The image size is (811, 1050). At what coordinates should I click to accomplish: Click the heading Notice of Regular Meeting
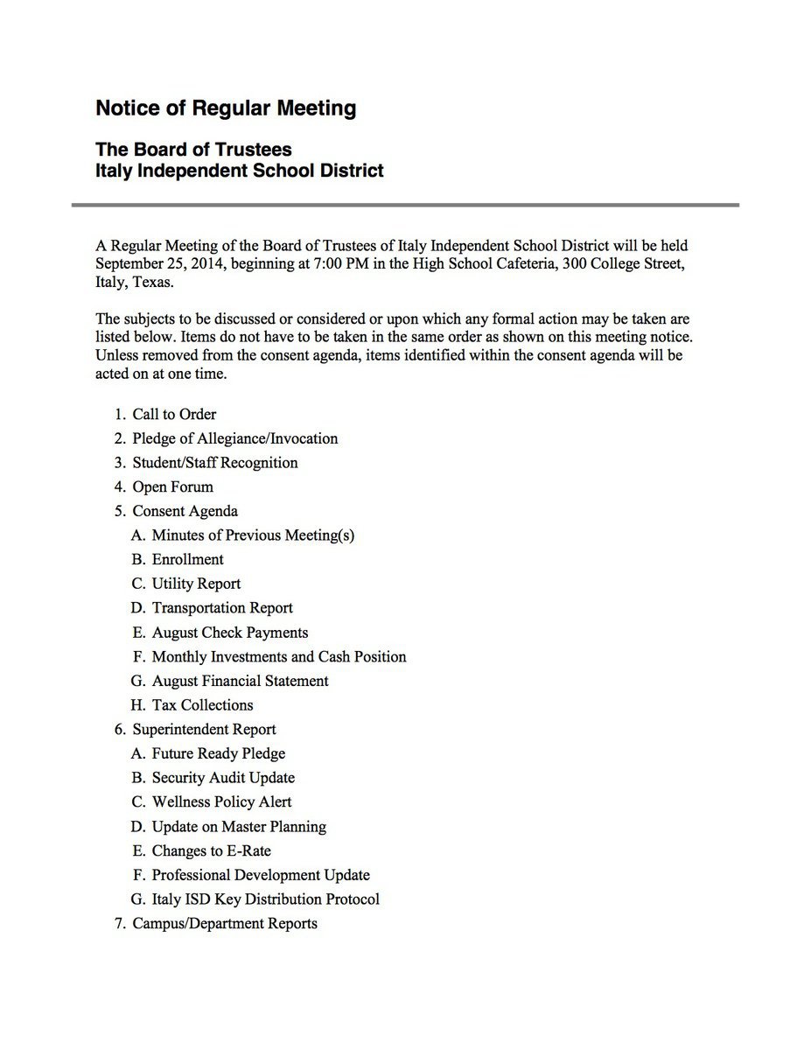[226, 108]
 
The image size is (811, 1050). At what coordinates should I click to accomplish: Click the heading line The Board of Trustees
[193, 150]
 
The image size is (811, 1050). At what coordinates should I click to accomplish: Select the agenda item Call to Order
[174, 414]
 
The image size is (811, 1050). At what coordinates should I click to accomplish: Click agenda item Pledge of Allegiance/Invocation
[234, 438]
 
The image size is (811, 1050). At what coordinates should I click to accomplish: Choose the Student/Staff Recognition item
[214, 462]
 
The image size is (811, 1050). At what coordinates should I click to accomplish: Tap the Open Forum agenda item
[172, 486]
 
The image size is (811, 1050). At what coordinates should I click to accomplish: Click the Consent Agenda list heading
[185, 511]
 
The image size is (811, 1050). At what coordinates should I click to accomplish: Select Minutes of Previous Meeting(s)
[253, 535]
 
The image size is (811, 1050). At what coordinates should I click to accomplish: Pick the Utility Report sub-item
[196, 584]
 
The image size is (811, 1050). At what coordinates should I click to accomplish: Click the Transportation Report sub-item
[222, 608]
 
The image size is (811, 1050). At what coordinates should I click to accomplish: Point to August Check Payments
[230, 632]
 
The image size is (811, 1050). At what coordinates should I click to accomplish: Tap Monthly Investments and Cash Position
[279, 656]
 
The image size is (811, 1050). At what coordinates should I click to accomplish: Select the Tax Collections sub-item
[202, 705]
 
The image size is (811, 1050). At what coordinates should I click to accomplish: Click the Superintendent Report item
[204, 729]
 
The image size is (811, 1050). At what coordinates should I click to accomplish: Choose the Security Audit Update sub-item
[223, 778]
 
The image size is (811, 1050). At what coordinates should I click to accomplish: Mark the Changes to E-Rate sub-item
[211, 850]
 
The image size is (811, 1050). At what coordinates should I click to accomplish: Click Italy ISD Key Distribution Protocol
[265, 899]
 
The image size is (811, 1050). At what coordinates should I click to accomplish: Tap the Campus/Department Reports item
[225, 923]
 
